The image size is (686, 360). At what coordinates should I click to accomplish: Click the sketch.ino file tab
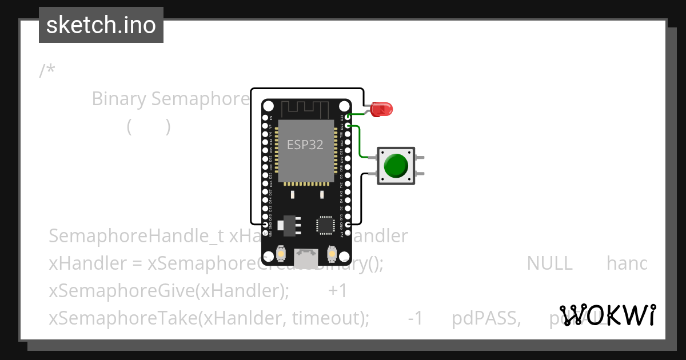point(101,25)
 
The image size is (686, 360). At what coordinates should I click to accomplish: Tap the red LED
point(380,109)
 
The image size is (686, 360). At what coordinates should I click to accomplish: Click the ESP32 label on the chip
point(305,145)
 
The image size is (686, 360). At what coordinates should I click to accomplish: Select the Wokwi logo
point(608,315)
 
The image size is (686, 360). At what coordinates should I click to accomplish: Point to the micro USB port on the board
point(305,257)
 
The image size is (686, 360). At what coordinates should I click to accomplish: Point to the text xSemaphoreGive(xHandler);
point(169,291)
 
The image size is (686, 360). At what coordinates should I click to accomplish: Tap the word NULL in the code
point(549,263)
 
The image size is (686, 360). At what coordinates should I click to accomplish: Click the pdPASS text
point(486,318)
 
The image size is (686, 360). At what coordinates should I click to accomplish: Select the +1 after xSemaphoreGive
point(338,291)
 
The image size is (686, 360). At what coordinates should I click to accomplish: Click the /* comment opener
point(47,71)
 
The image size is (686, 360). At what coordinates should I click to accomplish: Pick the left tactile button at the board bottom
point(281,253)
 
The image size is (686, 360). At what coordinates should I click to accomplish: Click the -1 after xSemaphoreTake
point(415,318)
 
